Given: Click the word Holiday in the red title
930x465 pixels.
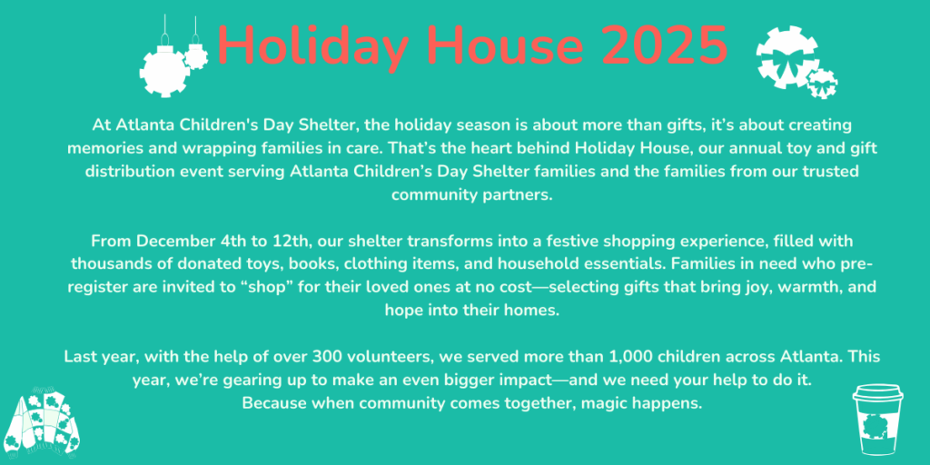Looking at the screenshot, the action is tap(309, 47).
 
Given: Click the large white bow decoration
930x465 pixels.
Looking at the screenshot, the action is tap(788, 57).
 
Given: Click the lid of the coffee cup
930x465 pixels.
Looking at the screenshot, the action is tap(878, 391).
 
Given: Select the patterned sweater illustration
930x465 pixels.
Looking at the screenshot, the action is tap(42, 421).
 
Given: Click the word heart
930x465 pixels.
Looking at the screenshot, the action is tap(517, 148).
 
